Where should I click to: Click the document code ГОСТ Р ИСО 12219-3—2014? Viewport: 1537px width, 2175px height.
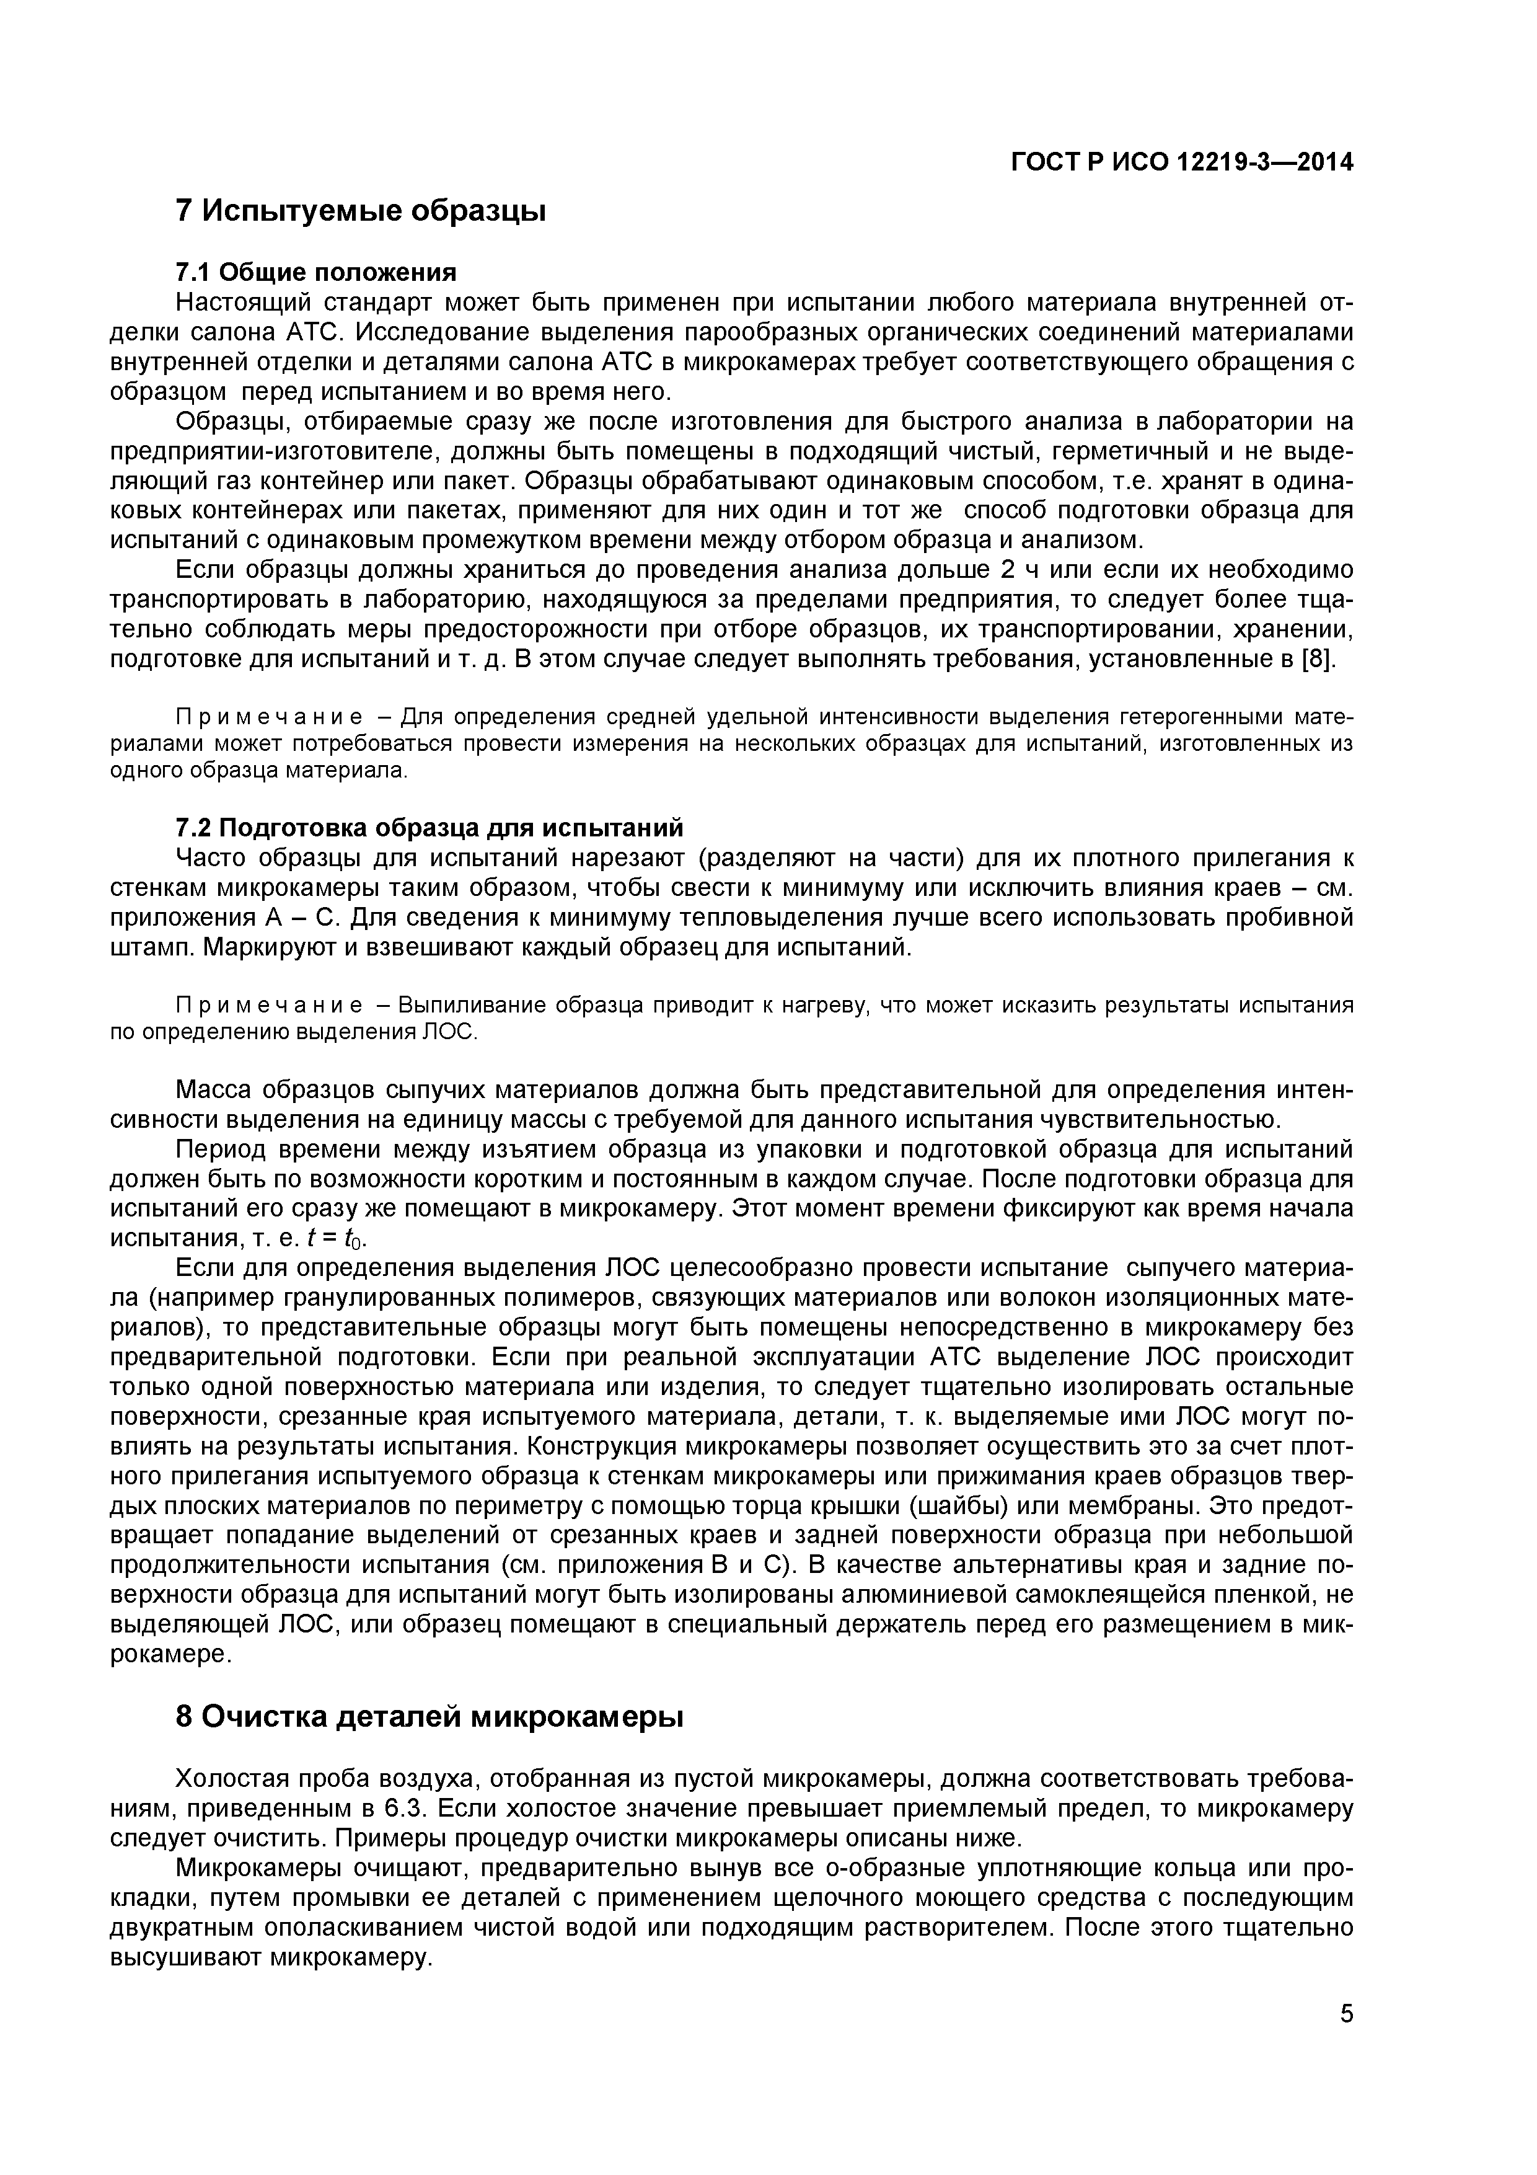click(1182, 163)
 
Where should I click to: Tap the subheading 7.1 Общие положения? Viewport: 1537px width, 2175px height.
click(315, 273)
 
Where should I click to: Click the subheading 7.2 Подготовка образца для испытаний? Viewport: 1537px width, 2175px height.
click(428, 828)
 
